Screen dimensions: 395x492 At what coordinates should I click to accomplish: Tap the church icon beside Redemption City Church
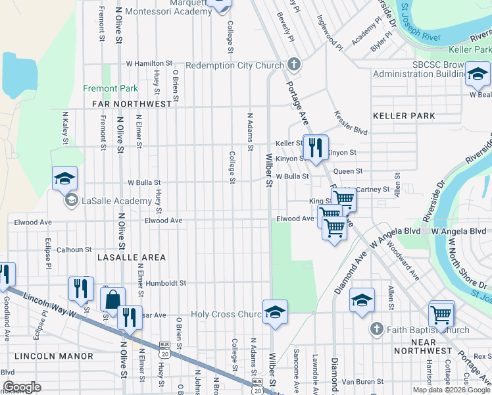point(294,65)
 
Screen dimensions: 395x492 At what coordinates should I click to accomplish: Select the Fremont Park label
point(110,88)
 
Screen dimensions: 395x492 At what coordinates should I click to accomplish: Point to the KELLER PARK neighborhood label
point(404,116)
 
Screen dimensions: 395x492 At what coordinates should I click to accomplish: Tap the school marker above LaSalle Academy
point(65,179)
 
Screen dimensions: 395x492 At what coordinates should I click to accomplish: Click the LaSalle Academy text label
point(108,200)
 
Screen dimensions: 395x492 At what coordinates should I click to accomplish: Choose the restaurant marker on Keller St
point(315,147)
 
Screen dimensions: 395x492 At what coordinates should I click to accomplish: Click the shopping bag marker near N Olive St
point(112,299)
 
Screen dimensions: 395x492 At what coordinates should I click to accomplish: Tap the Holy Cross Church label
point(226,314)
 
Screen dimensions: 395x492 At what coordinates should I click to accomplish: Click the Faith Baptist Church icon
point(376,329)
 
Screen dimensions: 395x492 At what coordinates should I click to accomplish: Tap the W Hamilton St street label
point(153,64)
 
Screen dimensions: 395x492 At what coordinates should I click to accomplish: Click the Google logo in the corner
point(22,387)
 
